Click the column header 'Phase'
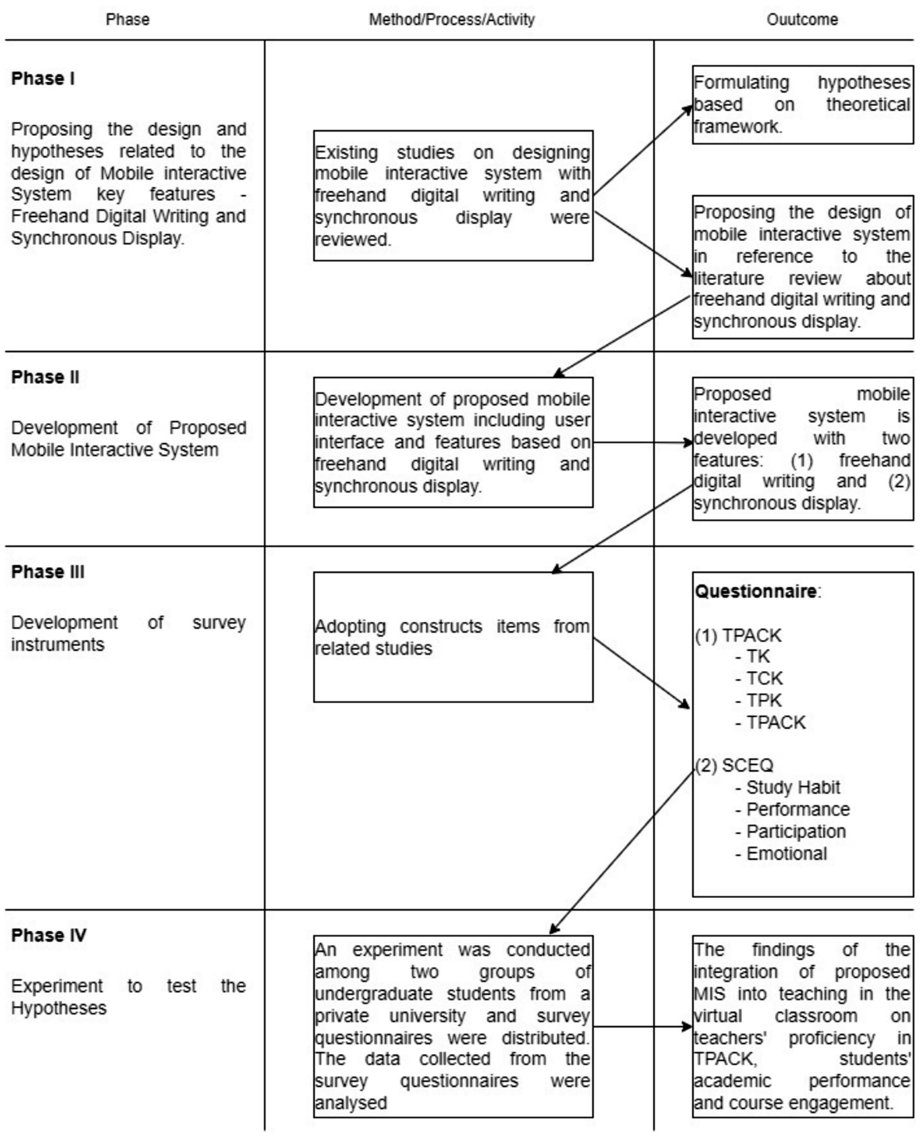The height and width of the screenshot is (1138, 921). click(x=127, y=20)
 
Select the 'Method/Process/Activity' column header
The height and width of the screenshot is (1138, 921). click(x=452, y=20)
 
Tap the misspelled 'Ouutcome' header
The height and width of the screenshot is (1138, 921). click(x=802, y=20)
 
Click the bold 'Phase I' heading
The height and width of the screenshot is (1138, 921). click(x=43, y=78)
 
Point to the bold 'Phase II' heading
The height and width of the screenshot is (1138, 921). click(x=45, y=377)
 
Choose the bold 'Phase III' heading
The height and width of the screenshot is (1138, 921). click(x=48, y=572)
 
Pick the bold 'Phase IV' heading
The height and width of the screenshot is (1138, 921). click(x=49, y=935)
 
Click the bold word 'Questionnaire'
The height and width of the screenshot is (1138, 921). click(x=756, y=591)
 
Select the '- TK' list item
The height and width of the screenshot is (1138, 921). click(x=752, y=656)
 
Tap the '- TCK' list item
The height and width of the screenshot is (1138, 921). click(x=759, y=678)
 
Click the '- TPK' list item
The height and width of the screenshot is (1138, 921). click(x=759, y=701)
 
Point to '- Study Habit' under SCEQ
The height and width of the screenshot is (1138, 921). click(x=788, y=787)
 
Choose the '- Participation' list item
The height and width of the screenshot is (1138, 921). click(x=791, y=831)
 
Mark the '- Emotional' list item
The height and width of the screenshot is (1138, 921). click(x=781, y=854)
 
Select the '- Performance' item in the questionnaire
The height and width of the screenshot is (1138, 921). click(x=793, y=809)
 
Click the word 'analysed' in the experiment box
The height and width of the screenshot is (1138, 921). click(x=351, y=1103)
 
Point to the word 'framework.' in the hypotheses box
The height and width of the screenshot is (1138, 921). click(x=737, y=126)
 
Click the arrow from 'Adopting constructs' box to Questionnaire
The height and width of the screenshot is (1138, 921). click(x=641, y=673)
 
